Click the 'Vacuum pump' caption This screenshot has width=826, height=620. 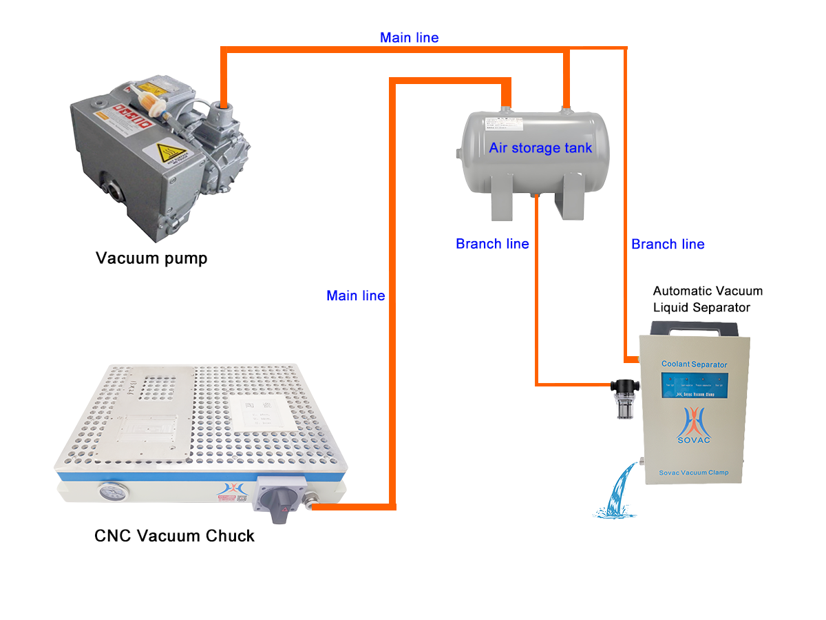tap(151, 258)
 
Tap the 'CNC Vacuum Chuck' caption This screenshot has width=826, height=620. tap(174, 535)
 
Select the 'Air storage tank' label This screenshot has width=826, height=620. tap(540, 147)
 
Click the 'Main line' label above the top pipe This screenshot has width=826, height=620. tap(409, 38)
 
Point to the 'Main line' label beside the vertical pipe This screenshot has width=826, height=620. tap(355, 296)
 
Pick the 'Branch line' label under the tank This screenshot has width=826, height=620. tap(492, 244)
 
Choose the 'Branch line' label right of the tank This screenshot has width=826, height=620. tap(668, 244)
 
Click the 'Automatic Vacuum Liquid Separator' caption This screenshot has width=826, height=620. tap(707, 299)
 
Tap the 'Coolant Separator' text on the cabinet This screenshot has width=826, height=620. tap(694, 364)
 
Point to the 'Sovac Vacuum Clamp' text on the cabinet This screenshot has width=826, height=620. tap(694, 473)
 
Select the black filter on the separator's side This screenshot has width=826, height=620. tap(624, 398)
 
